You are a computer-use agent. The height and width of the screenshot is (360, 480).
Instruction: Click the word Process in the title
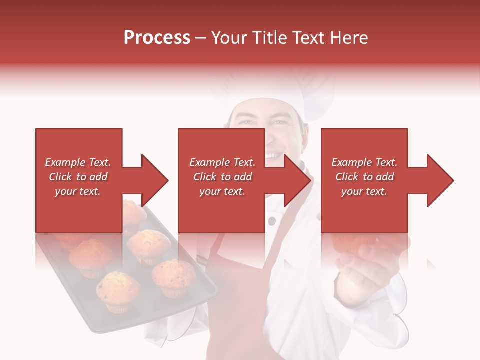(157, 38)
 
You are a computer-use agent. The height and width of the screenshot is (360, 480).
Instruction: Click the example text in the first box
(78, 177)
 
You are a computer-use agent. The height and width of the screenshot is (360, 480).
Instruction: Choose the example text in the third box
(364, 177)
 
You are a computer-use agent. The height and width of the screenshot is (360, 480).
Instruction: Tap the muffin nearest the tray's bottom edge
(117, 290)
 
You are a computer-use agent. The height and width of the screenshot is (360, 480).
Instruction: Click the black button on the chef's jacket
(271, 221)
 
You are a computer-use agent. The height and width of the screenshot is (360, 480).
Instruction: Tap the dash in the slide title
(201, 38)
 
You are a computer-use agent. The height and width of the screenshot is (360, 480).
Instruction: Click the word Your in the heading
(229, 38)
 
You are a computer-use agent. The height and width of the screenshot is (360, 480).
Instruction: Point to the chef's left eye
(280, 122)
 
